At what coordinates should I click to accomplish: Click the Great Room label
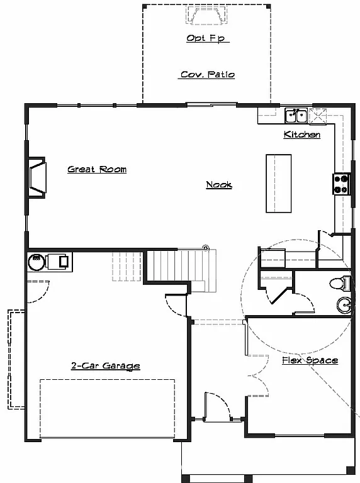coord(97,169)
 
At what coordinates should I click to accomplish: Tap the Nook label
coord(219,184)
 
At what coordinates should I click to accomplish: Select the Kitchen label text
coord(302,135)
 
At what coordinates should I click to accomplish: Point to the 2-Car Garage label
coord(105,365)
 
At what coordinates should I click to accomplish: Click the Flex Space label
coord(310,360)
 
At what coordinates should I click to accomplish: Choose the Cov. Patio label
coord(207,74)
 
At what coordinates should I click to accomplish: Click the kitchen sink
coord(296,115)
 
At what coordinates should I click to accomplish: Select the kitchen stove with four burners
coord(341,183)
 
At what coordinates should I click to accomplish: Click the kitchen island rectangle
coord(279,183)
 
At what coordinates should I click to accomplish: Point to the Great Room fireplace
coord(36,179)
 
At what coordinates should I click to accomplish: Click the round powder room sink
coord(344,305)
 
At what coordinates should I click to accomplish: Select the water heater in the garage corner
coord(37,260)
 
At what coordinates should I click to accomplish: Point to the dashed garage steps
coord(126,265)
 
